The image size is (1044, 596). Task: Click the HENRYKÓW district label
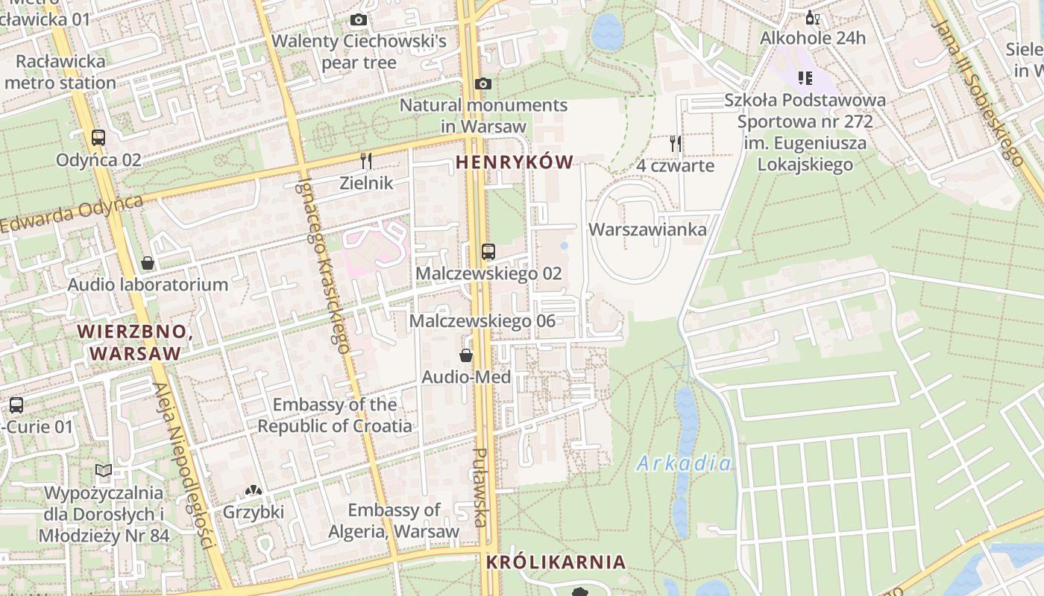(x=515, y=162)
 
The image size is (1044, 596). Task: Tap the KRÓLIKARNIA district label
(x=556, y=562)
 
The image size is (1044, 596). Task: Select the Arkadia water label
(x=684, y=464)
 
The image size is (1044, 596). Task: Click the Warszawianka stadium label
(x=647, y=229)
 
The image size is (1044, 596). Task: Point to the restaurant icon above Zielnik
(x=366, y=161)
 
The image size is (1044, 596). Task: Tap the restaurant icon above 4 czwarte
(x=676, y=144)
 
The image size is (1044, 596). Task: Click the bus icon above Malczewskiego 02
(x=488, y=252)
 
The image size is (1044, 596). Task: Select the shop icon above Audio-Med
(x=466, y=355)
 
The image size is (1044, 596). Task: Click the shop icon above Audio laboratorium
(x=148, y=263)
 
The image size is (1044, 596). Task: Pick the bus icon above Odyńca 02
(x=98, y=138)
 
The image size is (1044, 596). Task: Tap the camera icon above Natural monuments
(x=483, y=84)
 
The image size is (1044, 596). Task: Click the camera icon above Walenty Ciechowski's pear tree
(x=359, y=20)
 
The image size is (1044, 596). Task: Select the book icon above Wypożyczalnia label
(x=104, y=471)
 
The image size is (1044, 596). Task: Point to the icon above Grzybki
(x=254, y=491)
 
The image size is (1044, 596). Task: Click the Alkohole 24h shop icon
(x=812, y=18)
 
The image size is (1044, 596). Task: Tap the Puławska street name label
(x=482, y=487)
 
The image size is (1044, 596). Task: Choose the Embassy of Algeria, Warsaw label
(x=394, y=521)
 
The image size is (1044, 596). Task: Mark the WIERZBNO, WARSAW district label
(x=135, y=343)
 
